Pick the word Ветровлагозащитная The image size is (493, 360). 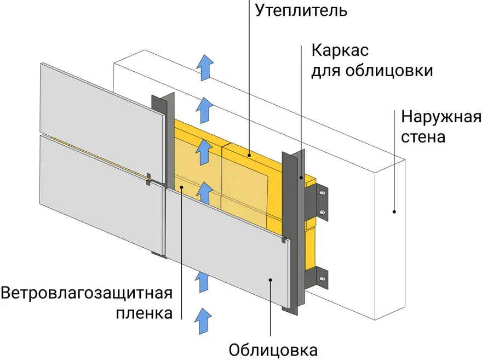point(87,293)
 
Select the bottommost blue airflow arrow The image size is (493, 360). point(203,321)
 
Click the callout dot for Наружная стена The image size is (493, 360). point(394,211)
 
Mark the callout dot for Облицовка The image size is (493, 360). point(271,280)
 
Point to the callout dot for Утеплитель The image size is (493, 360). point(249,155)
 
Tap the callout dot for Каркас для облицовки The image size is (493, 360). point(301,178)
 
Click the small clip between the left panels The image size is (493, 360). point(149,179)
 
